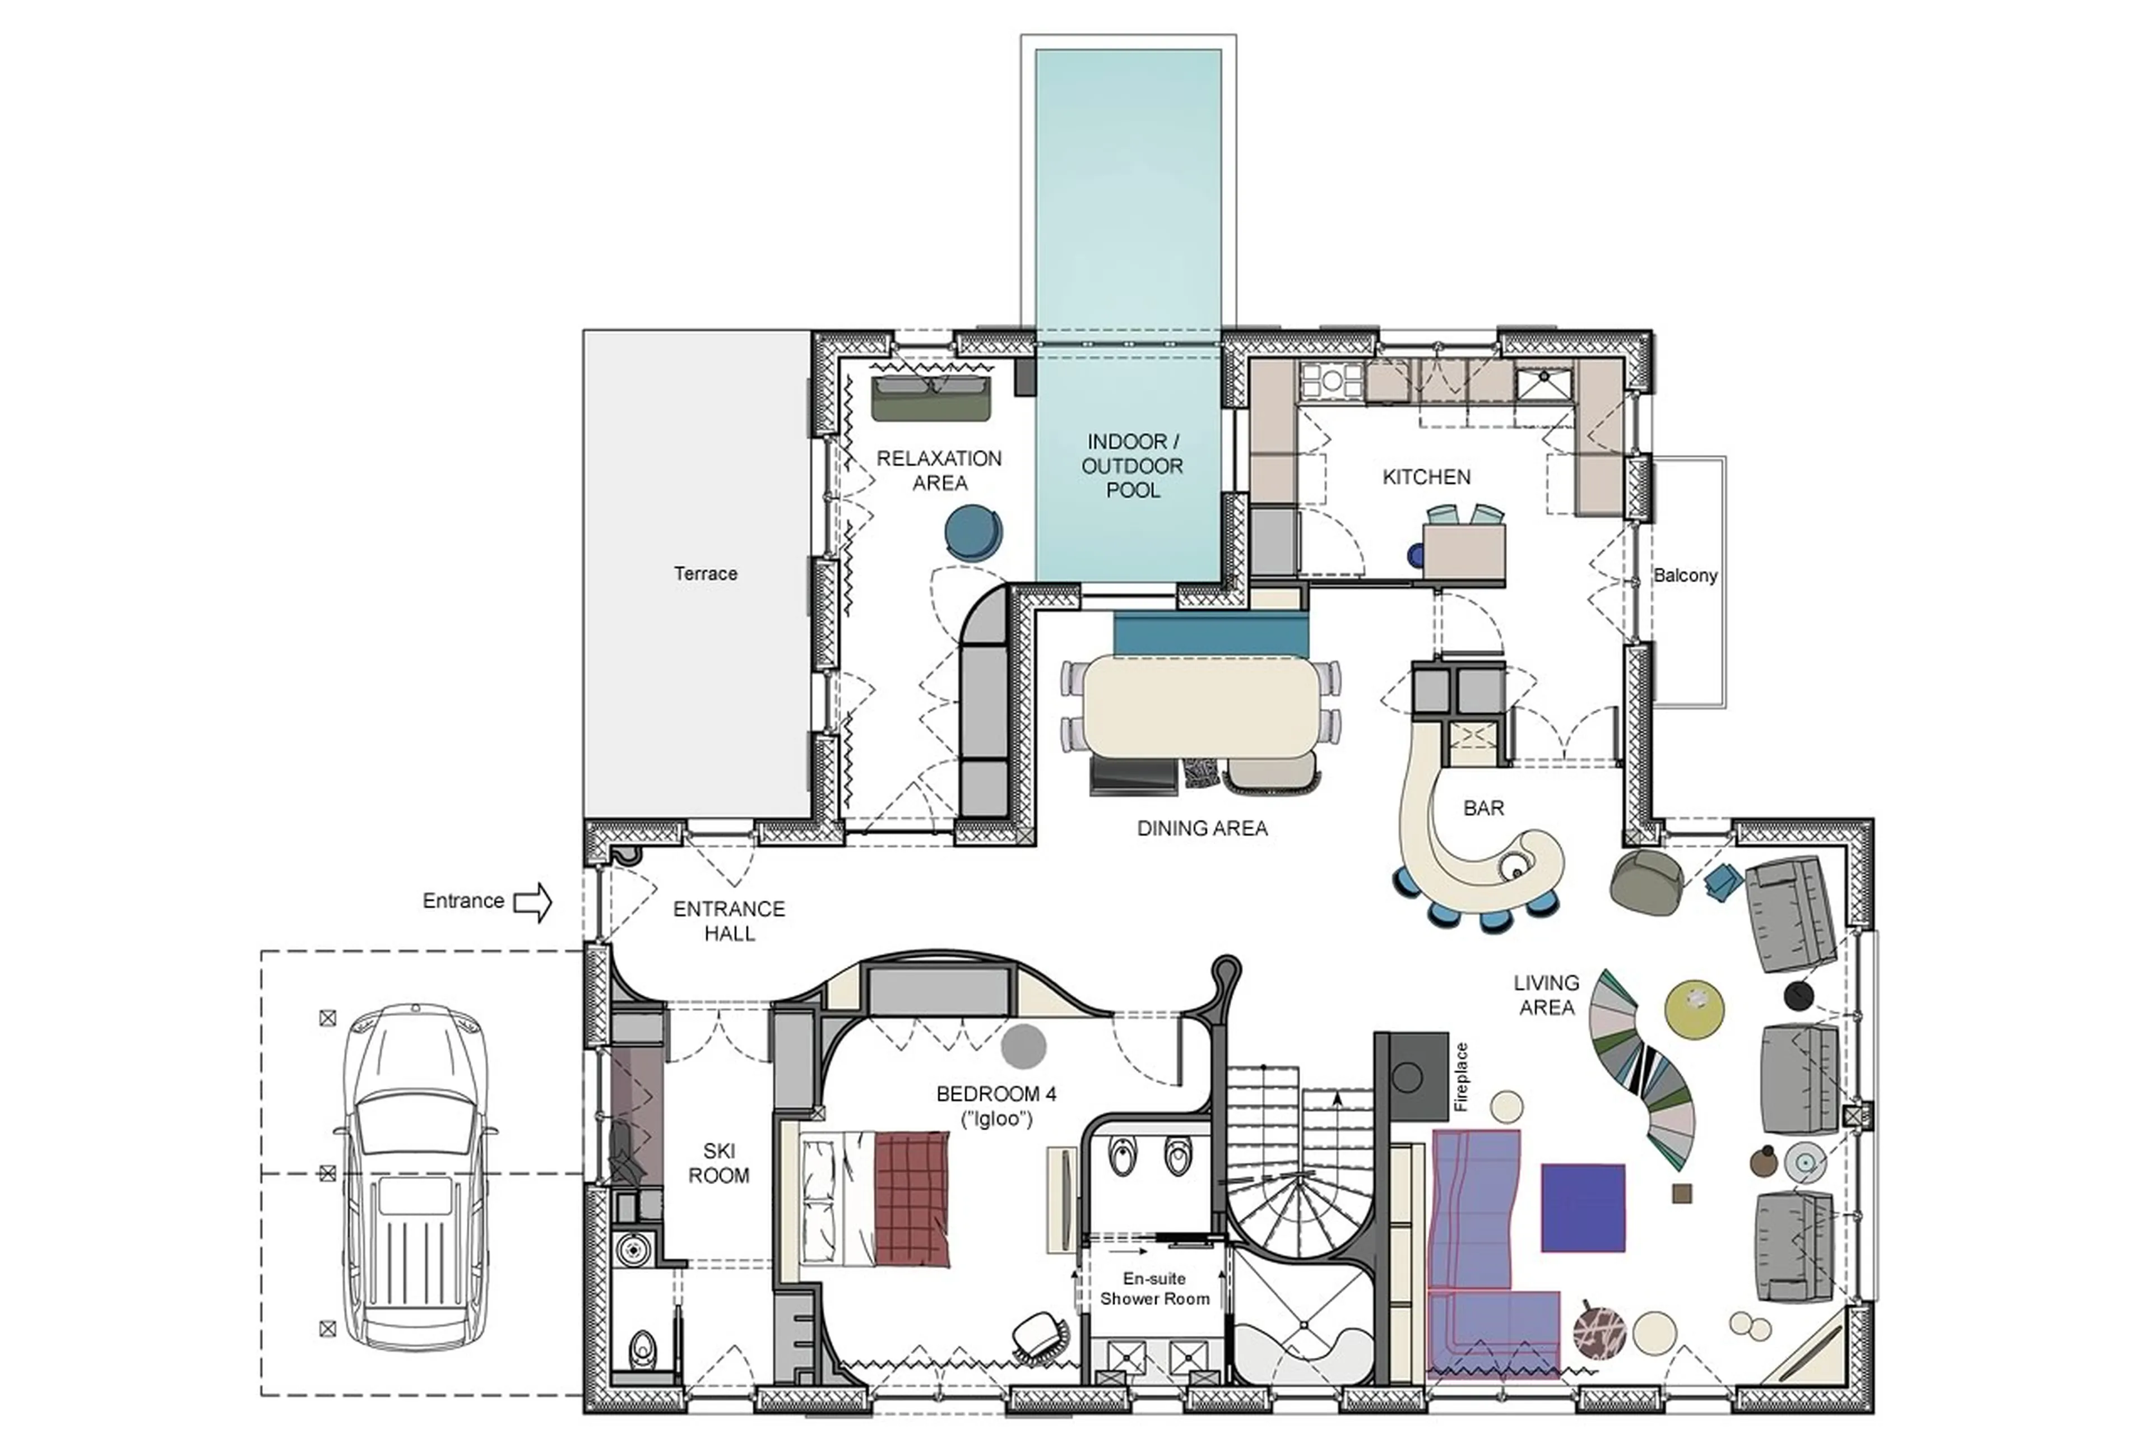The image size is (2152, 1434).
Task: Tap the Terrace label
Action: (705, 573)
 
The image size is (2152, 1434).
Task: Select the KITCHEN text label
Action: (1426, 476)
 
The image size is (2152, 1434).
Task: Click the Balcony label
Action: (1685, 576)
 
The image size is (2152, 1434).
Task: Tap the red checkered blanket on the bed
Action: (911, 1198)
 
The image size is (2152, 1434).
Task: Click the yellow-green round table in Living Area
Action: (1694, 1010)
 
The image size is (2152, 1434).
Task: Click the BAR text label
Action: (1482, 808)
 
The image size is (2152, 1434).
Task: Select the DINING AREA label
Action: (1202, 828)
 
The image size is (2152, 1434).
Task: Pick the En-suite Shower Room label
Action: (1154, 1289)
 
